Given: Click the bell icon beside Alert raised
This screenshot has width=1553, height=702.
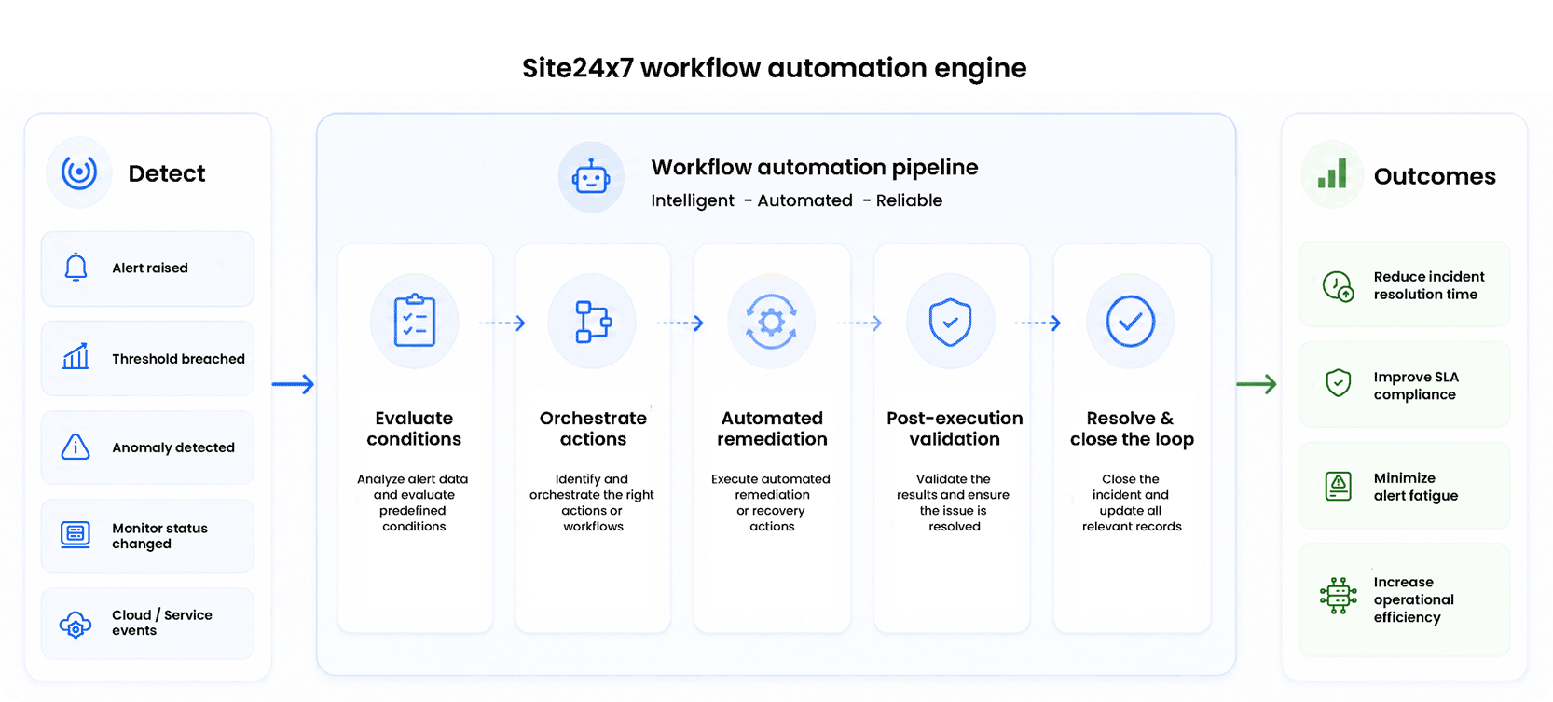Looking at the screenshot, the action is (x=76, y=268).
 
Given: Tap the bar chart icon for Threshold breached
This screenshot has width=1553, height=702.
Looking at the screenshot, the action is (x=76, y=356).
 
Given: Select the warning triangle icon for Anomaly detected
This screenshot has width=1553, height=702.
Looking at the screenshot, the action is (x=76, y=447).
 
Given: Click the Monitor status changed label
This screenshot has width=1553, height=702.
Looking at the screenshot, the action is (x=159, y=535).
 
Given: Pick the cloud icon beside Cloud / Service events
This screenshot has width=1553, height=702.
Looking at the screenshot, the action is (x=76, y=625).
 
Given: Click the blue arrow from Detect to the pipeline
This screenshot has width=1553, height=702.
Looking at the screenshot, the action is (x=293, y=383).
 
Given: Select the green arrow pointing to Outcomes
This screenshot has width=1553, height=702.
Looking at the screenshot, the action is (x=1257, y=383).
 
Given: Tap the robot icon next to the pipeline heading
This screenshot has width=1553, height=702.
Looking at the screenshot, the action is (x=591, y=177).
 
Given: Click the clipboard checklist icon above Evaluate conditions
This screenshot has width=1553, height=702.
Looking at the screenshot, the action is (x=415, y=320).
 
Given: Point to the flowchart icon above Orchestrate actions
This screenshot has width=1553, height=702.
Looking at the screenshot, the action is (x=594, y=322).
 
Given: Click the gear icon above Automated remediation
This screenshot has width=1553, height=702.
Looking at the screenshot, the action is (x=771, y=322).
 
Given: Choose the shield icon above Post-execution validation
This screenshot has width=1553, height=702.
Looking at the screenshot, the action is (x=951, y=322).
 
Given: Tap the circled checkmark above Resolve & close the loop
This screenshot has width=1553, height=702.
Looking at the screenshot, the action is (x=1130, y=322).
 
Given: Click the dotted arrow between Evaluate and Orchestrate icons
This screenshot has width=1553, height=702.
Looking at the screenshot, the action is (x=502, y=323).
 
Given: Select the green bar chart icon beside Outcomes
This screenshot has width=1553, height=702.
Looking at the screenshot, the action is (x=1332, y=173).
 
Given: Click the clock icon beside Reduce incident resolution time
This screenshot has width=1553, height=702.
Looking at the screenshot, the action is (x=1338, y=286).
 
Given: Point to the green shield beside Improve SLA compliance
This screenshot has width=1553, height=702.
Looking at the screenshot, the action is (x=1338, y=382).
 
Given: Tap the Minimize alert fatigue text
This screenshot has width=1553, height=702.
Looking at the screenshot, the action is (x=1416, y=487).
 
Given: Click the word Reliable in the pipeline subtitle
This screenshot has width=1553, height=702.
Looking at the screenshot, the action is (x=909, y=200).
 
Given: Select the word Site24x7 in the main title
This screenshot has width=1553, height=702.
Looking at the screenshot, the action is (x=578, y=68).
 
